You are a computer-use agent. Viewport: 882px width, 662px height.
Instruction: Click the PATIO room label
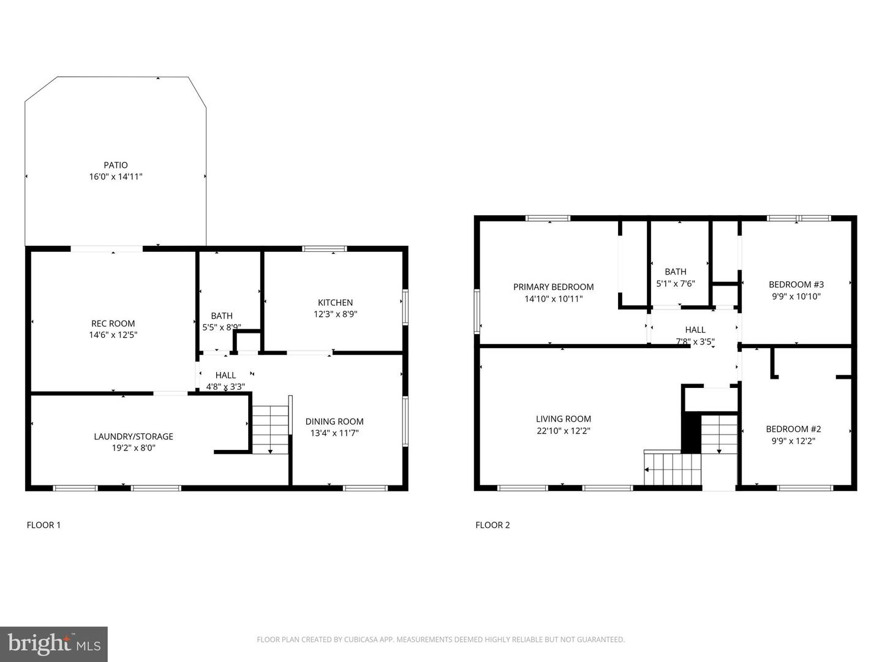pos(116,165)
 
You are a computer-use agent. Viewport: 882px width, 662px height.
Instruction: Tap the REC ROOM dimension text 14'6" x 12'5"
pos(113,335)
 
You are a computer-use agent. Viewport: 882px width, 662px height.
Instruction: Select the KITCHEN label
pos(335,302)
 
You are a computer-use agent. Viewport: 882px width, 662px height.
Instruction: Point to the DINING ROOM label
pos(334,421)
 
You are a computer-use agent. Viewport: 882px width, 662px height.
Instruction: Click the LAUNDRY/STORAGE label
pos(134,436)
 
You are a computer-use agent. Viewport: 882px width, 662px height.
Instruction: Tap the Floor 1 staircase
pos(270,429)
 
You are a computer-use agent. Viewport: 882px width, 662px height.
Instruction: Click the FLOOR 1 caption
pos(43,525)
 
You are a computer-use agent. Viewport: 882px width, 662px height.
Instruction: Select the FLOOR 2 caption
pos(492,525)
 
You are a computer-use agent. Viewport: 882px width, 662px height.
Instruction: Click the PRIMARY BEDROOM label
pos(553,287)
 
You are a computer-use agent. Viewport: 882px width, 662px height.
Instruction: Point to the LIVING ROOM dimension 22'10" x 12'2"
pos(563,430)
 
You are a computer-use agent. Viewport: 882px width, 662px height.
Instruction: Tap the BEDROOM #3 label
pos(796,284)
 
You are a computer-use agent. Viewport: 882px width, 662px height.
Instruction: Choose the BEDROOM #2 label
pos(793,429)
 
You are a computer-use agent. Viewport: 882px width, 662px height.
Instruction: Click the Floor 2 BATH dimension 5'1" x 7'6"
pos(676,283)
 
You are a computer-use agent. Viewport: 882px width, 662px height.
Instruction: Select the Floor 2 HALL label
pos(695,330)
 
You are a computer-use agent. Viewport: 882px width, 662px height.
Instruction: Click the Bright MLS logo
pos(54,644)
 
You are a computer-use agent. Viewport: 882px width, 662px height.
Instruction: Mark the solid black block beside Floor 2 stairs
pos(691,433)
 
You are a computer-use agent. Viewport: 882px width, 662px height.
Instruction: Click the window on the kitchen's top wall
pos(324,248)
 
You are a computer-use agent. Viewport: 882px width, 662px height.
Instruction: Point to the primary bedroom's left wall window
pos(477,311)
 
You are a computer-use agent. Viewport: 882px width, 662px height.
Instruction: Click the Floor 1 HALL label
pos(225,375)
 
